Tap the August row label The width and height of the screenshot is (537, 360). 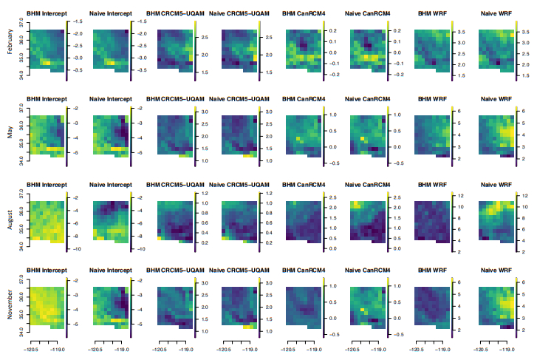click(x=10, y=218)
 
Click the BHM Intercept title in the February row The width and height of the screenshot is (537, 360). click(x=47, y=14)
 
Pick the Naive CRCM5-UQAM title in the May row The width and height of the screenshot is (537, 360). click(x=239, y=98)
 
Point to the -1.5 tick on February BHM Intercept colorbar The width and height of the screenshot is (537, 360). click(x=78, y=22)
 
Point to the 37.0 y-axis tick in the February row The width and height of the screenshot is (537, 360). click(x=20, y=23)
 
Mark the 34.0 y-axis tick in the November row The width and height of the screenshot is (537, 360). click(x=20, y=332)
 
